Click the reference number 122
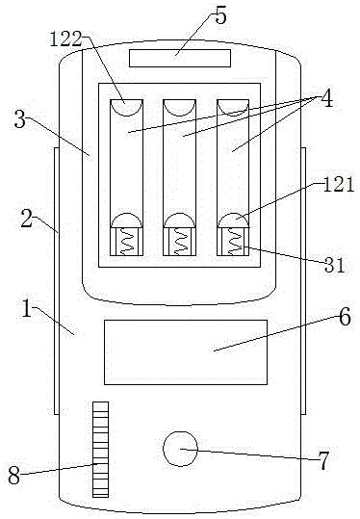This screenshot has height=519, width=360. (x=65, y=39)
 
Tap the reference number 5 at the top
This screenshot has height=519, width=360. (x=220, y=15)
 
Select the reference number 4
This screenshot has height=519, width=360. (x=326, y=98)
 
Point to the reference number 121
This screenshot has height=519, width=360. (x=338, y=184)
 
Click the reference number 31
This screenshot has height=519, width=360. (x=334, y=265)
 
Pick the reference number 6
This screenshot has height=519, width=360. (x=345, y=317)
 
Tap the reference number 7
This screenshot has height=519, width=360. (x=323, y=460)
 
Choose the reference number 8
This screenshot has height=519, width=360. (x=13, y=476)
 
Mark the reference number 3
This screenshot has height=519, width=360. (x=20, y=119)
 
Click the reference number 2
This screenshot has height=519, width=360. (x=27, y=220)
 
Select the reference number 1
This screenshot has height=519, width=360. (x=27, y=308)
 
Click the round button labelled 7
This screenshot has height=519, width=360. (x=180, y=449)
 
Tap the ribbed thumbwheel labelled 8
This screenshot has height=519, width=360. (x=100, y=449)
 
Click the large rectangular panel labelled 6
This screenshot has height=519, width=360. (x=186, y=352)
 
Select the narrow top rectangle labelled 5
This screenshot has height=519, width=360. (x=180, y=58)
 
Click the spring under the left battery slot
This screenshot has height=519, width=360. (x=126, y=242)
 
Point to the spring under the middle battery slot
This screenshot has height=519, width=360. (x=180, y=242)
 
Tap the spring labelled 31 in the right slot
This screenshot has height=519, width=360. (x=234, y=242)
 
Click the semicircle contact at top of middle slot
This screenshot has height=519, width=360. (x=180, y=108)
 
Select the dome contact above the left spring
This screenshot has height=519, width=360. (x=126, y=221)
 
